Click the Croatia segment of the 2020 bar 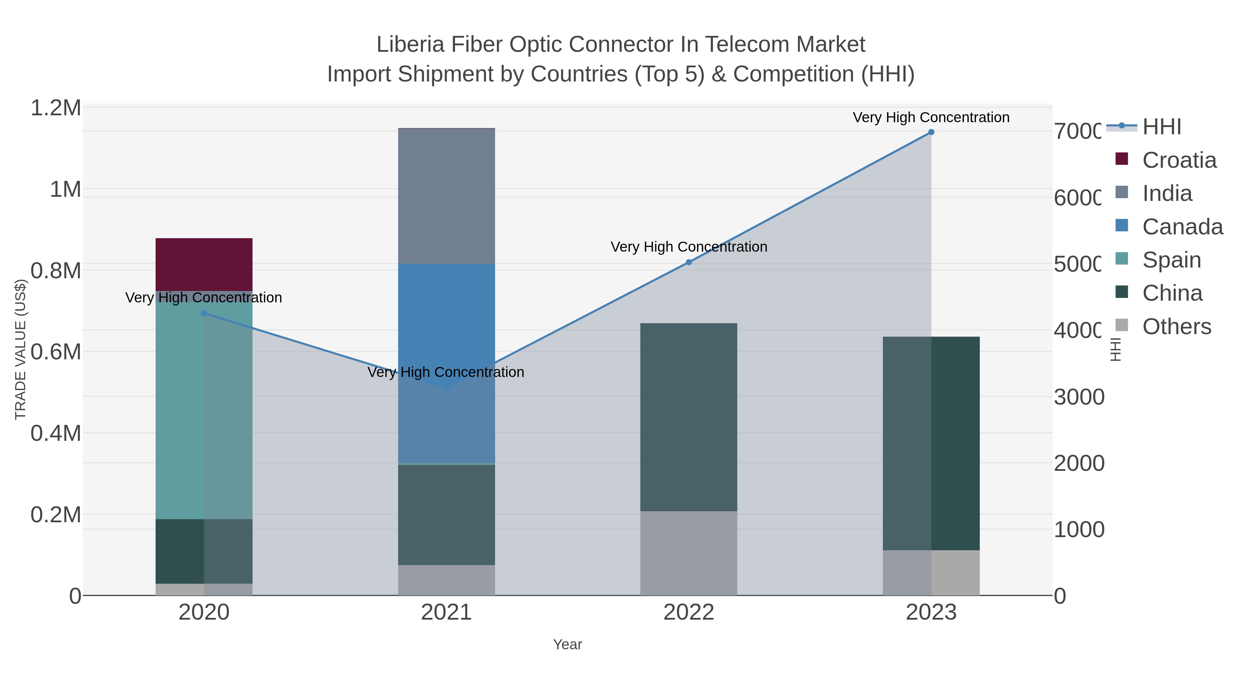tap(204, 264)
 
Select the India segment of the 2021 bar tap(446, 196)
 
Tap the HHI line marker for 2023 tap(931, 132)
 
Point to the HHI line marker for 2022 tap(689, 262)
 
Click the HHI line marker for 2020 tap(204, 313)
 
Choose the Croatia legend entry tap(1179, 160)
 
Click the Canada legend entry tap(1182, 227)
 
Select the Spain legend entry tap(1171, 260)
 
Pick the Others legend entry tap(1176, 327)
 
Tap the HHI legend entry tap(1162, 127)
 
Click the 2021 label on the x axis tap(446, 613)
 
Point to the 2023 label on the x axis tap(931, 613)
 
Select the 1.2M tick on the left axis tap(56, 108)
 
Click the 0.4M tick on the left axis tap(56, 433)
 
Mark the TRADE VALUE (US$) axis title tap(20, 349)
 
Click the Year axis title tap(568, 644)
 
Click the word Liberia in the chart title tap(410, 45)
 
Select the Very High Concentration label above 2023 tap(931, 117)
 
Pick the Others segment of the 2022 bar tap(689, 553)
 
